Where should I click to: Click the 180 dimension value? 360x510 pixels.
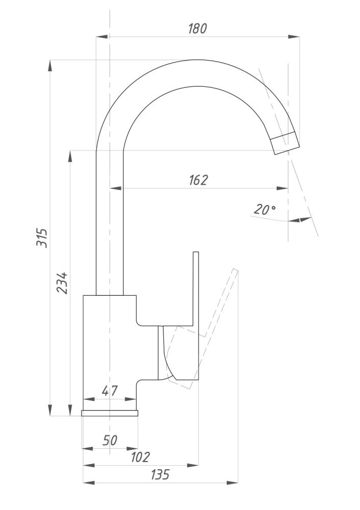pos(197,29)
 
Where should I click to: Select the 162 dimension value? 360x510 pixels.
pos(198,180)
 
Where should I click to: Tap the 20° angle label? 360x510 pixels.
pos(264,209)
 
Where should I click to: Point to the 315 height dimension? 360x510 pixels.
pos(43,238)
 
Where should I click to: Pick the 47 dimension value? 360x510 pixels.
pos(110,391)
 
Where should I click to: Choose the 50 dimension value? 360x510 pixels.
pos(110,440)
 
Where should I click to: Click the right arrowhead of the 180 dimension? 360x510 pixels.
pos(294,37)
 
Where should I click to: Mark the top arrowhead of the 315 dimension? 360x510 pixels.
pos(50,66)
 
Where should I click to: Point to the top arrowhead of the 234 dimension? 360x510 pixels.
pos(69,156)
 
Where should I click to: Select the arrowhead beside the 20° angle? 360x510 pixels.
pos(305,220)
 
